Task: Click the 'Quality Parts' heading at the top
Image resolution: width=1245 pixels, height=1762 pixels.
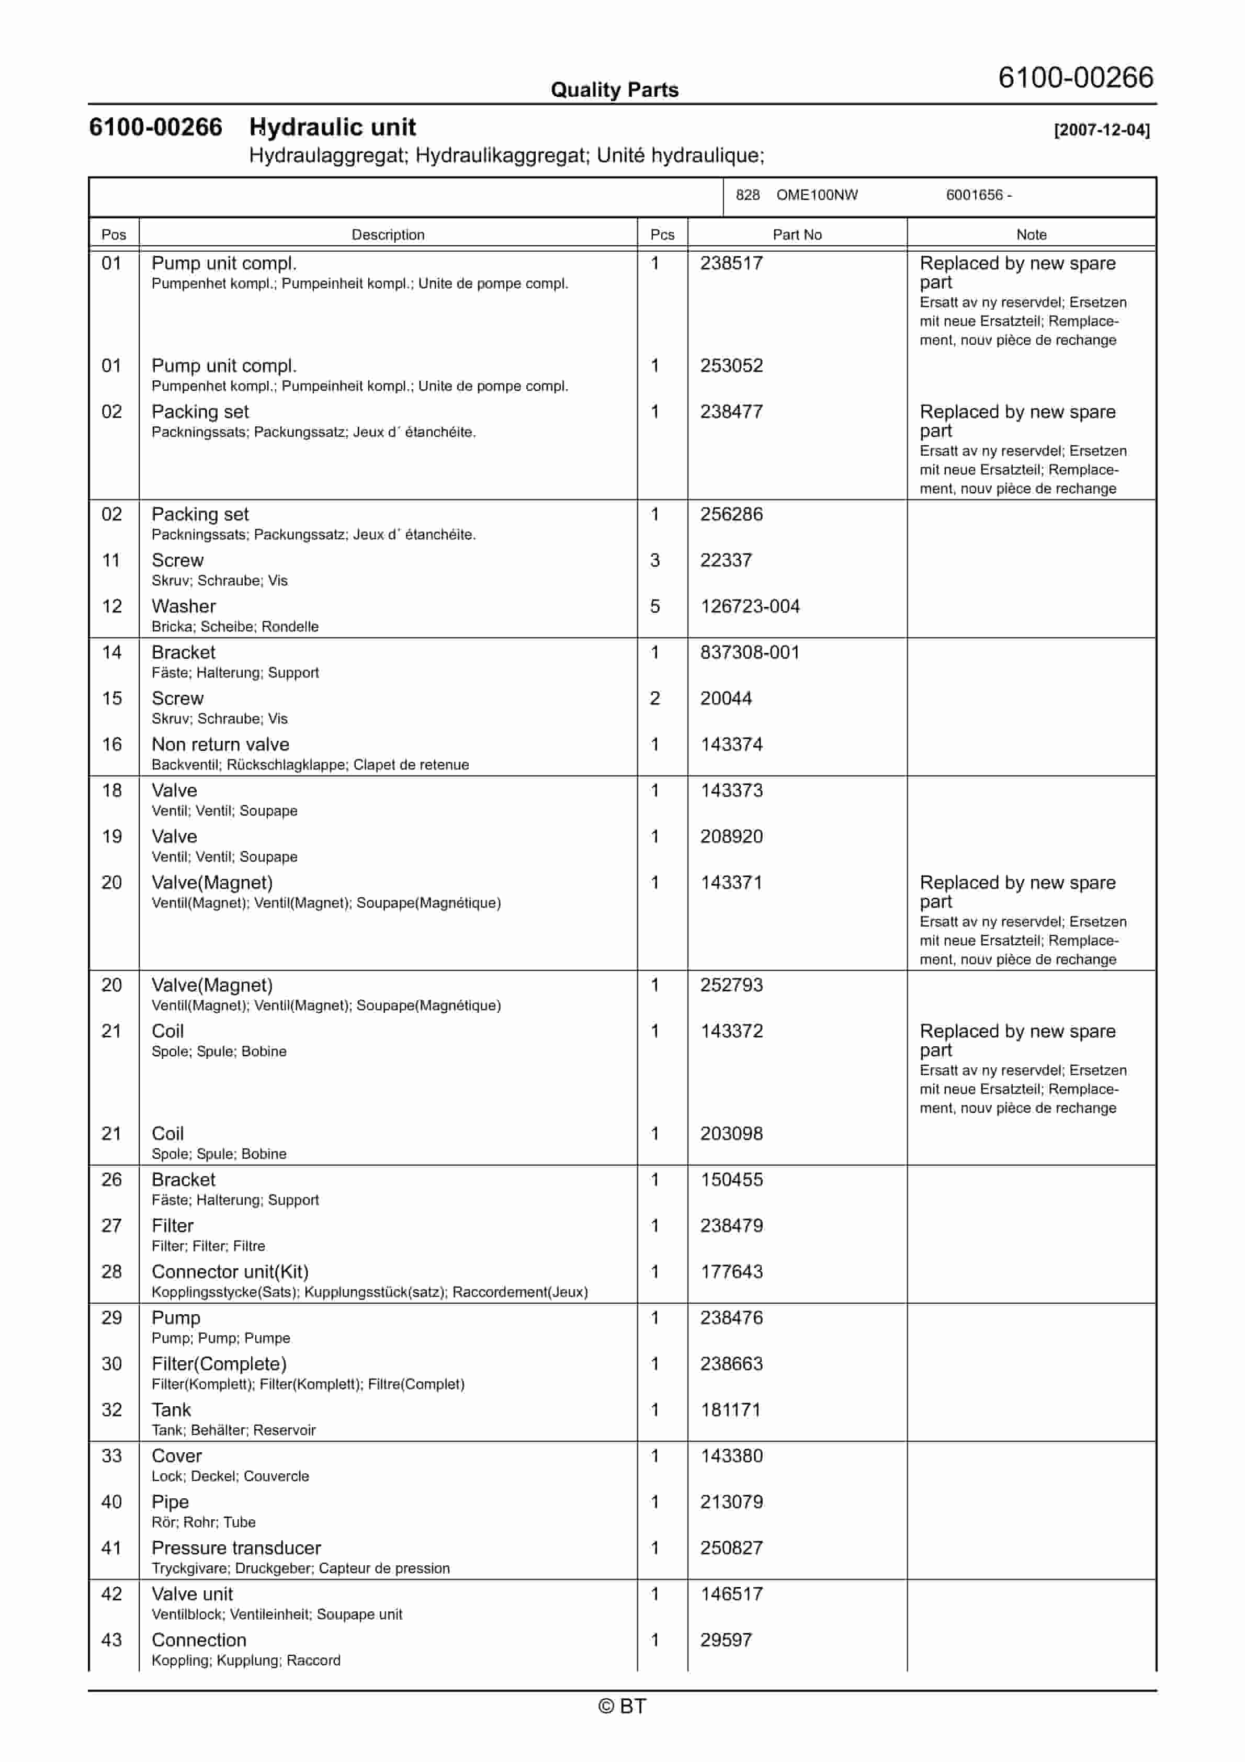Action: point(614,90)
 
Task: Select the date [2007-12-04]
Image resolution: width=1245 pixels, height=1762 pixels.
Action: point(1102,130)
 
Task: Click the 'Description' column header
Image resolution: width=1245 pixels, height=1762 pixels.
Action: point(388,235)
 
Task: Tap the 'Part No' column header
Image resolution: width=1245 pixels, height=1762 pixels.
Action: point(797,235)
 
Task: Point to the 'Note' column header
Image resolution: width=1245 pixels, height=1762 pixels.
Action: point(1031,235)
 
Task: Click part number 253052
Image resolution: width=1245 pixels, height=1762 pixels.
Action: point(731,366)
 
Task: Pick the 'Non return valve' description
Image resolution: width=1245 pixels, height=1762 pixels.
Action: point(220,745)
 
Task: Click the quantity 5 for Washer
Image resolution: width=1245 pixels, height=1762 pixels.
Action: point(655,607)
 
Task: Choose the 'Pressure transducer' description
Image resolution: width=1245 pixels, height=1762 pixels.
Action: point(235,1548)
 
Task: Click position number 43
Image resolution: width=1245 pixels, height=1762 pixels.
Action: point(112,1640)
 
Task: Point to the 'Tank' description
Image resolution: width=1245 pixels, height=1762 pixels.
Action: point(171,1410)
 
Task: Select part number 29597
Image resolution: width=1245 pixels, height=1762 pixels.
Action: point(726,1640)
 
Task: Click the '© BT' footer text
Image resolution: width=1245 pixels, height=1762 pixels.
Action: point(622,1707)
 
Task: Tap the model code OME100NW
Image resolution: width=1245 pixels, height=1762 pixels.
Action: point(817,195)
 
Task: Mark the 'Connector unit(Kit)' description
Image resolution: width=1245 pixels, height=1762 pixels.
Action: point(230,1272)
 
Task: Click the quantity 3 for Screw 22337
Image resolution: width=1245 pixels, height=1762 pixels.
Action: point(655,561)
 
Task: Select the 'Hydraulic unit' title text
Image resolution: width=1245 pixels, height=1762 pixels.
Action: point(332,128)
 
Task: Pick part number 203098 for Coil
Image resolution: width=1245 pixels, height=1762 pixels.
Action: point(731,1134)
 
